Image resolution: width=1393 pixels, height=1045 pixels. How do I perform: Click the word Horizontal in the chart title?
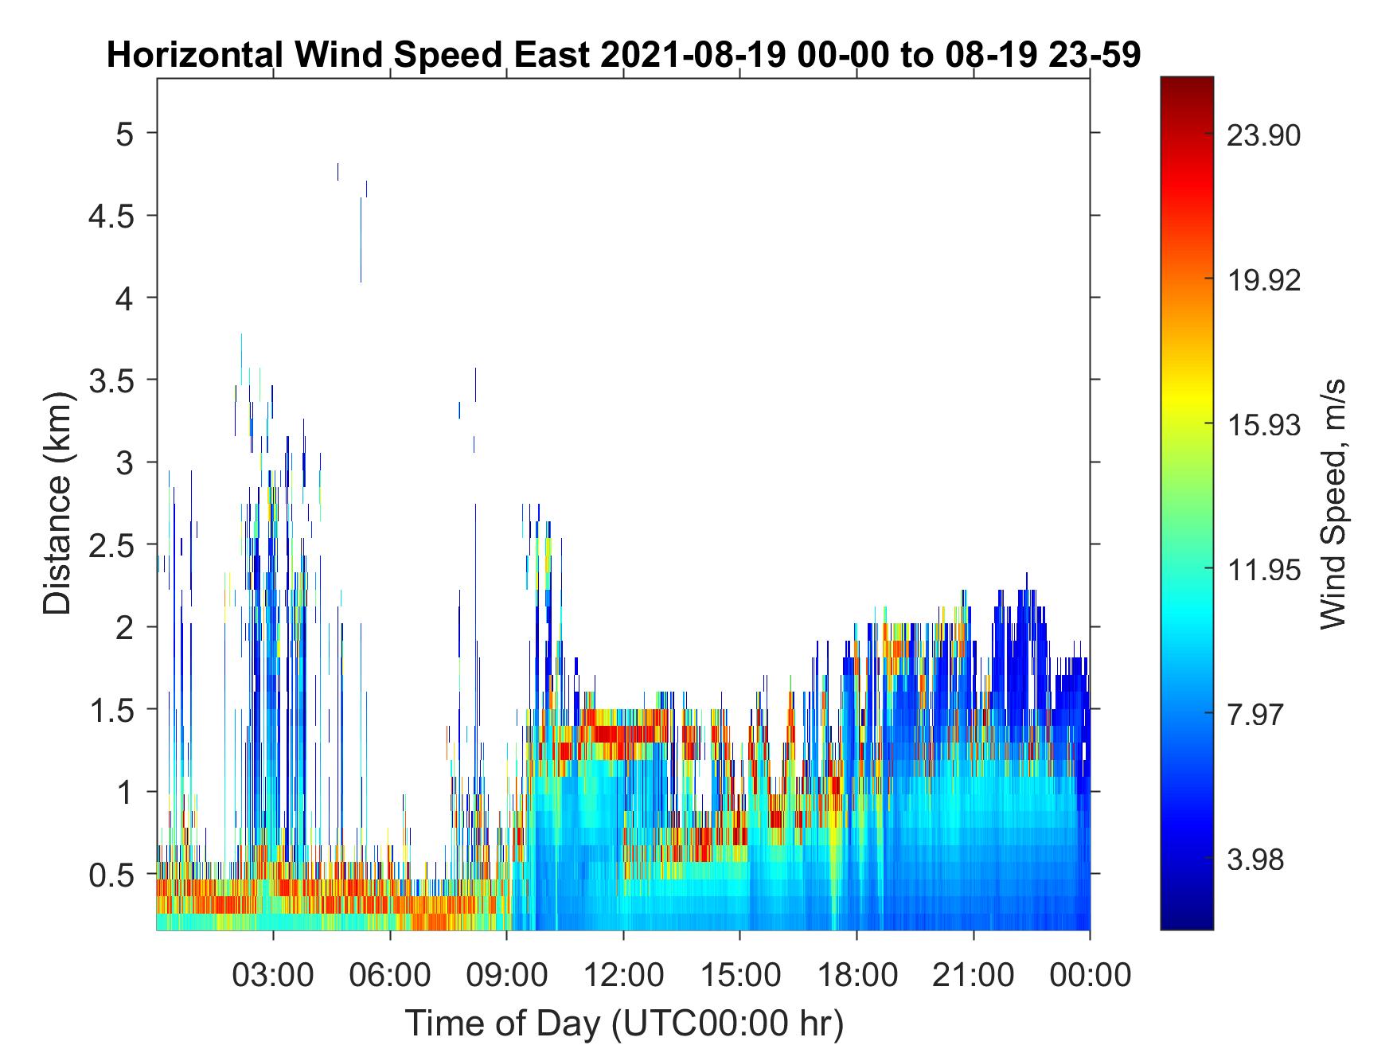[x=194, y=56]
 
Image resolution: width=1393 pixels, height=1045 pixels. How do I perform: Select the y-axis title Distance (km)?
[x=57, y=503]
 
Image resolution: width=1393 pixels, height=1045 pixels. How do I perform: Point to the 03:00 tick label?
[x=273, y=974]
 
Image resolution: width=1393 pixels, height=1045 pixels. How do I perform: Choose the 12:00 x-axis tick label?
[x=623, y=974]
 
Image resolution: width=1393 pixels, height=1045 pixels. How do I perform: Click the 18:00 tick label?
[x=856, y=974]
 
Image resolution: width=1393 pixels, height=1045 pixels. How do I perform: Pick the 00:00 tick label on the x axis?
[x=1090, y=974]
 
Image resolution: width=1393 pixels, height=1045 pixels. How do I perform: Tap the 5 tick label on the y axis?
[x=126, y=132]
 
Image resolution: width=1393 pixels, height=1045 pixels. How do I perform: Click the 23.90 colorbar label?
[x=1264, y=135]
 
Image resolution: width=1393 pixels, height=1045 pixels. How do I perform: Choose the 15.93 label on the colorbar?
[x=1264, y=424]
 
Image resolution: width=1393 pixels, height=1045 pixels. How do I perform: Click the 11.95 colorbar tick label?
[x=1264, y=569]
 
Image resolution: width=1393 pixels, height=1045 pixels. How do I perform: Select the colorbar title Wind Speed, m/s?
[x=1333, y=504]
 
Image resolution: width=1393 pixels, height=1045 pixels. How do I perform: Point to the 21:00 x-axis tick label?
[x=974, y=974]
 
